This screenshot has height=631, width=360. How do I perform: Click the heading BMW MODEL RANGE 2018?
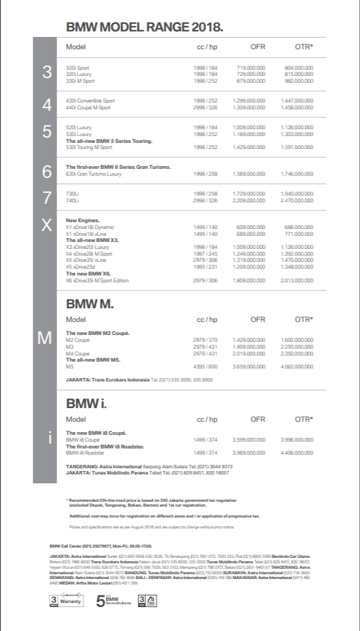coord(144,27)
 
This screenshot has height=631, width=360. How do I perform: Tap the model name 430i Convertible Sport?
coord(90,100)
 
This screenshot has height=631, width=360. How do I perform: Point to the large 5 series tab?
coord(47,133)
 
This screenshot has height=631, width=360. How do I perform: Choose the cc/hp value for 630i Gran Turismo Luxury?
coord(205,174)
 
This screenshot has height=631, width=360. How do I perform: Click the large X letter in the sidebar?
coord(47,226)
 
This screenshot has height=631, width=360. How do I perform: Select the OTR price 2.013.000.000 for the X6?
coord(295,280)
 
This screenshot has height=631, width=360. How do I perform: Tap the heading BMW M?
coord(89,304)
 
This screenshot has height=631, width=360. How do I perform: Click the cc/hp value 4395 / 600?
coord(205,366)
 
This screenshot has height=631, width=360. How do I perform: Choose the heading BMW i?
coord(86,403)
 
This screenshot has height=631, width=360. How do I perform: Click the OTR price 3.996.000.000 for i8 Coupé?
coord(295,440)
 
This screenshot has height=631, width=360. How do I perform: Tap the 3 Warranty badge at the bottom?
coord(66,602)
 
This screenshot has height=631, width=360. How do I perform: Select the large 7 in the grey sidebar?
coord(47,198)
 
